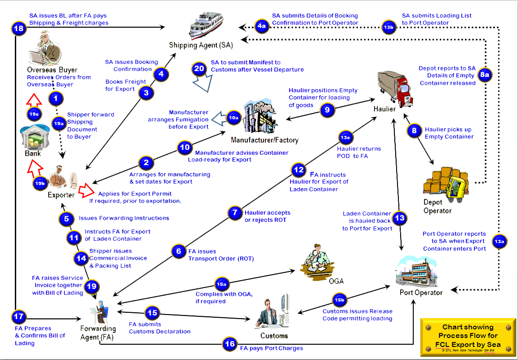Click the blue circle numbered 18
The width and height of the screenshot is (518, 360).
[x=18, y=28]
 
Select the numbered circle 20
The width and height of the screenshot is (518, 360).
[x=199, y=69]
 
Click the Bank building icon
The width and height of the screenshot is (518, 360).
[x=33, y=139]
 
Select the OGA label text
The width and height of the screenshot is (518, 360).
[x=336, y=281]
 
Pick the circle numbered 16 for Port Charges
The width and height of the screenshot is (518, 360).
[x=230, y=344]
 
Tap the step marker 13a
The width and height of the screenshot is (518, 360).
[x=499, y=242]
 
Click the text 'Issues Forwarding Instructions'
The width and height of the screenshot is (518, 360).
[x=124, y=218]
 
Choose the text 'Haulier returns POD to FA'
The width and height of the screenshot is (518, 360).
[x=359, y=152]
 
